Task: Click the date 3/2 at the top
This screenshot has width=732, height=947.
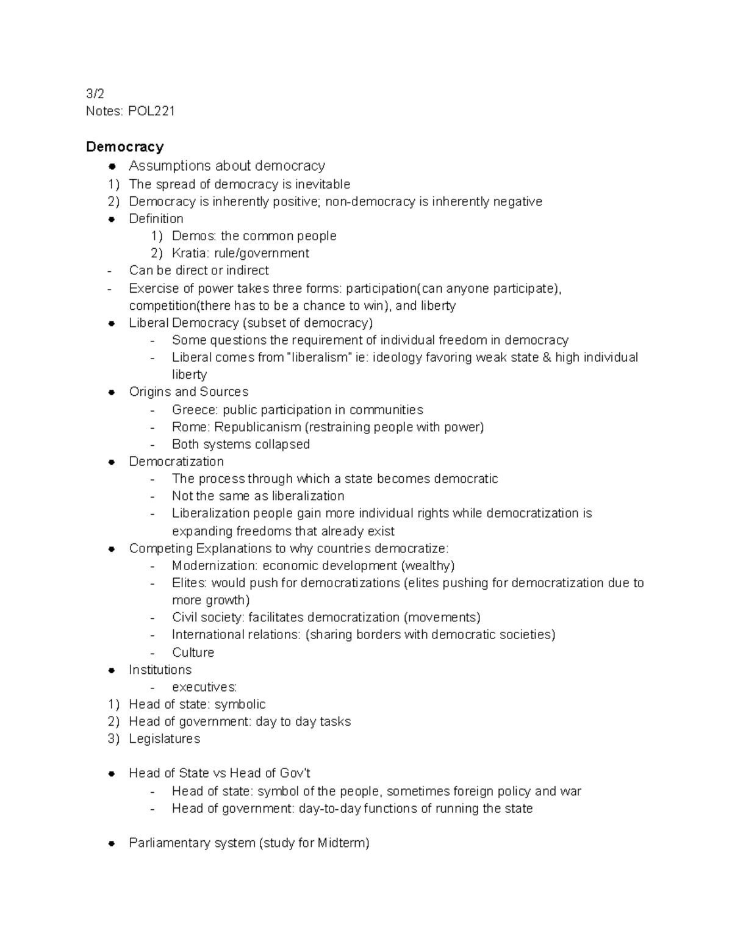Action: click(95, 94)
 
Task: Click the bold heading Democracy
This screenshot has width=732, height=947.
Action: click(125, 147)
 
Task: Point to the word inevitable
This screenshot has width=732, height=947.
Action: click(322, 184)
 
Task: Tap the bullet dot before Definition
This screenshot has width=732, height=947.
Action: click(112, 219)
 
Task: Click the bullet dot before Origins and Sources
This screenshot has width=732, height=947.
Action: click(112, 392)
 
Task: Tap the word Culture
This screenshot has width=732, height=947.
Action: click(193, 652)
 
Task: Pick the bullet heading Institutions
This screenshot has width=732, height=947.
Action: click(160, 670)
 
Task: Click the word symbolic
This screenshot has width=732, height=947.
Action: click(240, 704)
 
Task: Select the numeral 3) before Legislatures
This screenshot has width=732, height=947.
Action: click(114, 739)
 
